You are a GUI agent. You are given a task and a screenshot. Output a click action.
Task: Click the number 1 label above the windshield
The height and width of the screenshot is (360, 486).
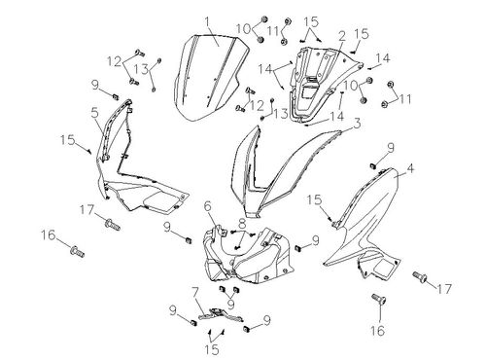point(207,22)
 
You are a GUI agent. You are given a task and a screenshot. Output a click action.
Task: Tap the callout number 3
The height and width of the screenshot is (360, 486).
point(357,124)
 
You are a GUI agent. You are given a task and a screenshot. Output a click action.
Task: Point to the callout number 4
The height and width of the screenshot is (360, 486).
point(410,168)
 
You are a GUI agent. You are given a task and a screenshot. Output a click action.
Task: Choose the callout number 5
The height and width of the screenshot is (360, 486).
point(94,113)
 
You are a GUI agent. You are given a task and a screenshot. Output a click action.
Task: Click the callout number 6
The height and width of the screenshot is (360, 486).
point(207,206)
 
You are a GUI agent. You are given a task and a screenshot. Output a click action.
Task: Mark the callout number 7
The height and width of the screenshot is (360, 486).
point(194,293)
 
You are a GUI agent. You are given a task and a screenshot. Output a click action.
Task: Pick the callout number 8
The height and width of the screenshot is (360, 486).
point(242,224)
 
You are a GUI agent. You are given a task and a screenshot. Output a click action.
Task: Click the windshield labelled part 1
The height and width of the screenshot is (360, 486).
point(211,78)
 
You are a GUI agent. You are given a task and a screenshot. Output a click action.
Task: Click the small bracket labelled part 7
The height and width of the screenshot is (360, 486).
point(221,315)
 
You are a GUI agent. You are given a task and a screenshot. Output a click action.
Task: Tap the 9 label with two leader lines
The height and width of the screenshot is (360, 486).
point(230,304)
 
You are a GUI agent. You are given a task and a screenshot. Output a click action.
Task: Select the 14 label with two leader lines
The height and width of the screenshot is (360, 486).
point(265,69)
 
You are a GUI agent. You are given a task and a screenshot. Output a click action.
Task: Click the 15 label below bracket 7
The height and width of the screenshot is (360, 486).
point(212,349)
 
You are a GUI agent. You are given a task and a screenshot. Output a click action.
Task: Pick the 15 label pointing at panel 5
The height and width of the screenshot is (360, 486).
point(67,140)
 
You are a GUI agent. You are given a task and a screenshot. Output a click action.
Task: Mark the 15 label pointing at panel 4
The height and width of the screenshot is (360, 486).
point(314,199)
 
